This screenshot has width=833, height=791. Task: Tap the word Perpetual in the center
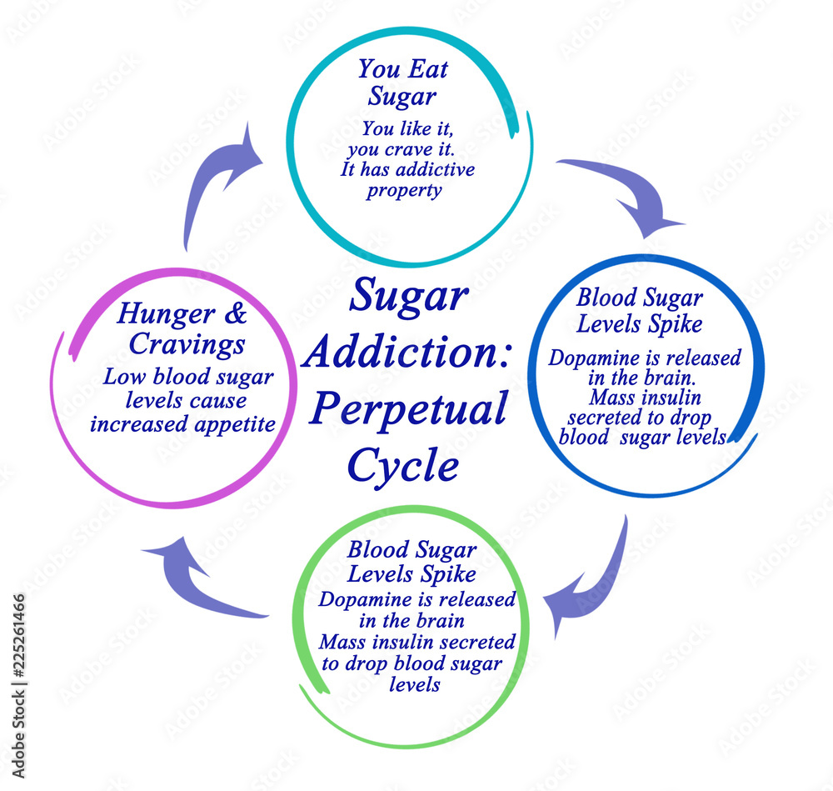pyautogui.click(x=407, y=410)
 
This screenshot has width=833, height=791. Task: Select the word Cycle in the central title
pyautogui.click(x=403, y=466)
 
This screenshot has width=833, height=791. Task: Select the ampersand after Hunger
pyautogui.click(x=237, y=314)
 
